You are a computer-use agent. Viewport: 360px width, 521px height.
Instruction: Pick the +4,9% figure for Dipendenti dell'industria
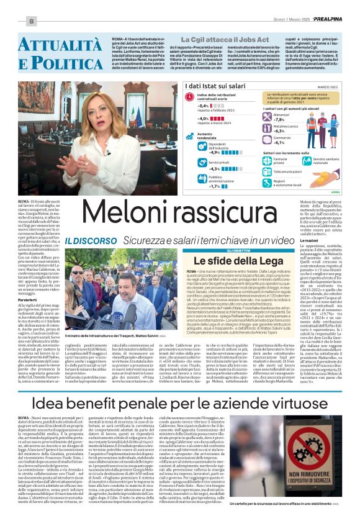point(197,152)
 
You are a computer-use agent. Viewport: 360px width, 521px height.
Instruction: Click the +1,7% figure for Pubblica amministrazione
point(197,186)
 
